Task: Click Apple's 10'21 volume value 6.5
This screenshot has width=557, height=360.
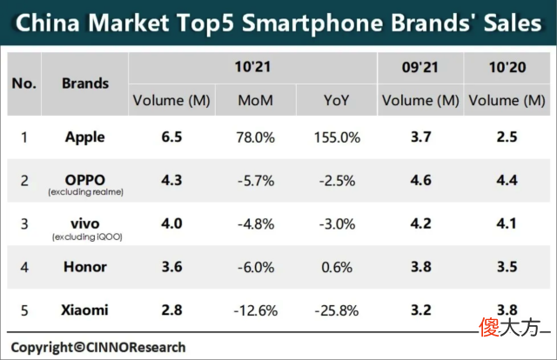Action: tap(171, 137)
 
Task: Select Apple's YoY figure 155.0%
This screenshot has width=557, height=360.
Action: tap(337, 137)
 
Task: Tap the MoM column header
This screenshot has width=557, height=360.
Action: tap(255, 101)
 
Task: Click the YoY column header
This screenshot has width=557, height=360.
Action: tap(337, 101)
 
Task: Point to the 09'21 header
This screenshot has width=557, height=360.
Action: tap(419, 67)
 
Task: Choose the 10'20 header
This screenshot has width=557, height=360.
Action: tap(507, 67)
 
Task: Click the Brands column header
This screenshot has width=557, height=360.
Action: tap(85, 83)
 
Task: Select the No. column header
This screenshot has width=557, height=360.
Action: tap(24, 83)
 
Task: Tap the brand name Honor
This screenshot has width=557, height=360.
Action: tap(85, 267)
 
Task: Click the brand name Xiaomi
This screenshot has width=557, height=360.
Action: tap(84, 310)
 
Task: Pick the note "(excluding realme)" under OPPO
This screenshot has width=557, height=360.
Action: tap(86, 192)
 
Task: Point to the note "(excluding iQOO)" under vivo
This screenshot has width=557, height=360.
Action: tap(87, 237)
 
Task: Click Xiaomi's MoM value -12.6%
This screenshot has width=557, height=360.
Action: tap(255, 311)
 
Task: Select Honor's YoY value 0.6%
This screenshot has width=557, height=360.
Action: tap(337, 267)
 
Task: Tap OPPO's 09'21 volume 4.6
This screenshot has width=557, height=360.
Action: tap(421, 180)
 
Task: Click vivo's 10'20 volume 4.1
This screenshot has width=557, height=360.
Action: tap(507, 223)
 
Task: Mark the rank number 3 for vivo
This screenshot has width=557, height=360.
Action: tap(24, 224)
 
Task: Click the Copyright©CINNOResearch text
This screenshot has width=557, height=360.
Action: tap(98, 347)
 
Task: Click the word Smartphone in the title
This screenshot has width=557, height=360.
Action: tap(312, 23)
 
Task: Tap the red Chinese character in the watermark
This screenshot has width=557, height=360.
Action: tap(489, 327)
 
